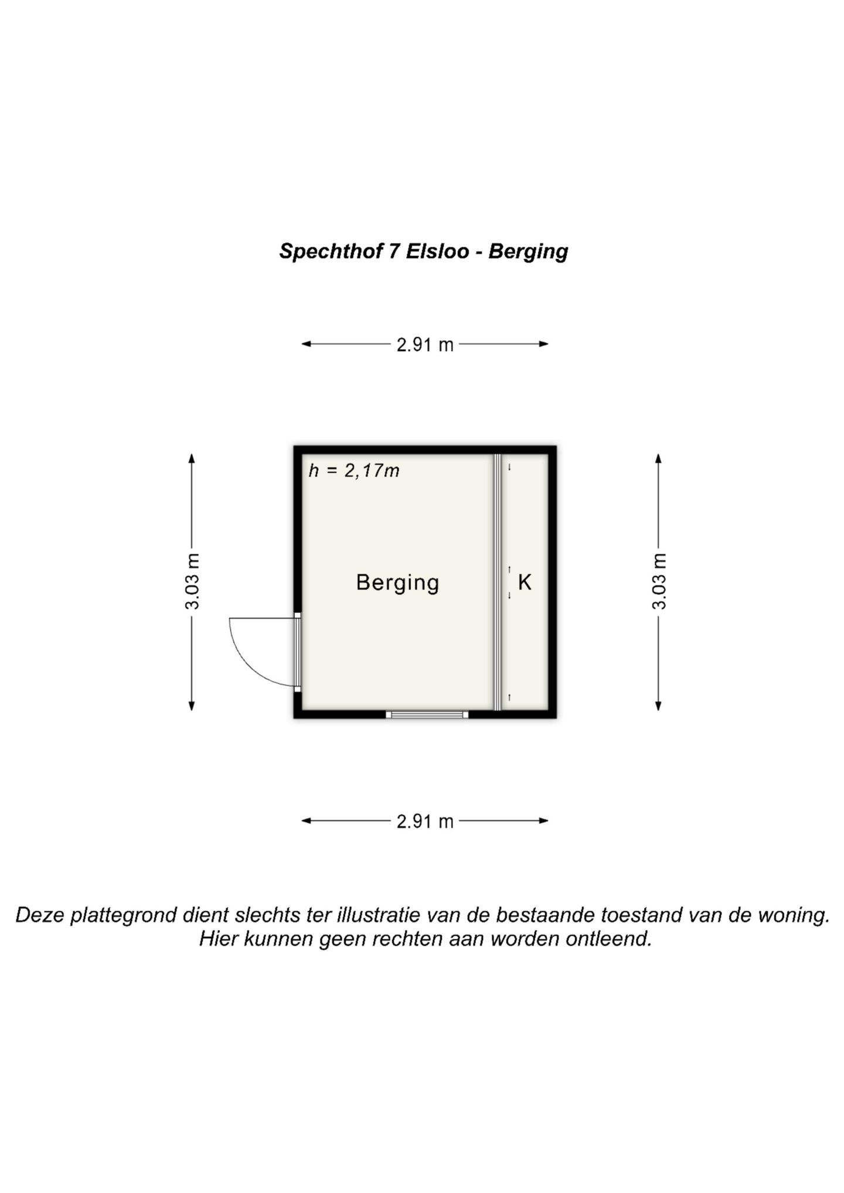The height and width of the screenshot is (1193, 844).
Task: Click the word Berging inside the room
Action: pyautogui.click(x=397, y=583)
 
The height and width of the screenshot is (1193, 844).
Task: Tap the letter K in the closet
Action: pyautogui.click(x=525, y=582)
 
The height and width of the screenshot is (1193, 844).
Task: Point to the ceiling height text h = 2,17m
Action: pyautogui.click(x=354, y=471)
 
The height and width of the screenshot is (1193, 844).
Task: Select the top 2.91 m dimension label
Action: pyautogui.click(x=425, y=345)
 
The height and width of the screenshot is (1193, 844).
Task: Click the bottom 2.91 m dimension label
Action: pyautogui.click(x=425, y=822)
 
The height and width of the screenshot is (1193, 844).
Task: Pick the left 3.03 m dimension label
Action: pyautogui.click(x=192, y=581)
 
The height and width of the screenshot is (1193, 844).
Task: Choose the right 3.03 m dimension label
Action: pyautogui.click(x=659, y=581)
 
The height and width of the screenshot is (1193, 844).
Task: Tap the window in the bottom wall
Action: pyautogui.click(x=427, y=714)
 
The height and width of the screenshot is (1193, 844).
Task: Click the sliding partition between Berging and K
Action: pyautogui.click(x=498, y=582)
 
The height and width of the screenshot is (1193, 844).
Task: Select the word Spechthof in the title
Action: pyautogui.click(x=330, y=251)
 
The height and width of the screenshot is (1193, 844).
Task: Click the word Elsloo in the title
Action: pyautogui.click(x=438, y=251)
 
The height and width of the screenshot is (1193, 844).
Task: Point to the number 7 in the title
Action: pyautogui.click(x=394, y=251)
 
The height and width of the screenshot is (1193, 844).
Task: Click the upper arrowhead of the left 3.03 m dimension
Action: pyautogui.click(x=192, y=458)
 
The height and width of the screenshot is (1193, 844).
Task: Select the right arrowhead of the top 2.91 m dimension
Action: pyautogui.click(x=543, y=344)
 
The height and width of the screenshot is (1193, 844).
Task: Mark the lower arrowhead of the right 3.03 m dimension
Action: pyautogui.click(x=658, y=705)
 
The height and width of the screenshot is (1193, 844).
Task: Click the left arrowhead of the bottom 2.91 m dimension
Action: pyautogui.click(x=307, y=821)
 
